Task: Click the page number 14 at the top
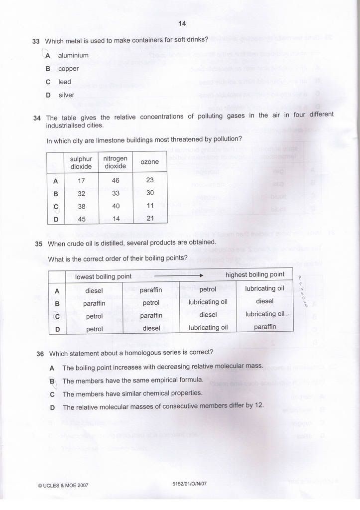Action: tap(182, 23)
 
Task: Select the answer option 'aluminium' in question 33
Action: tap(73, 55)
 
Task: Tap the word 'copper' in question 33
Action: tap(68, 69)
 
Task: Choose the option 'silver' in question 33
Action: tap(66, 95)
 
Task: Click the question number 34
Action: tap(37, 118)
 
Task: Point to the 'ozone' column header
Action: tap(149, 162)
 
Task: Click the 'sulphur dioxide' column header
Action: tap(81, 162)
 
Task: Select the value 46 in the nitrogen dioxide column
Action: tap(116, 180)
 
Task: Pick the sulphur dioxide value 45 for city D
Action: tap(81, 219)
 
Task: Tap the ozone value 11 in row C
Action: tap(150, 205)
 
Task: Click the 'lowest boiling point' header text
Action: tap(103, 276)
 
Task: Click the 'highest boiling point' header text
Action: tap(255, 274)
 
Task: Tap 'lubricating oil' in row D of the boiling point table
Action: tap(208, 327)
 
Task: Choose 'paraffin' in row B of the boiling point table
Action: tap(94, 303)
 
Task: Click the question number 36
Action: tap(40, 354)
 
